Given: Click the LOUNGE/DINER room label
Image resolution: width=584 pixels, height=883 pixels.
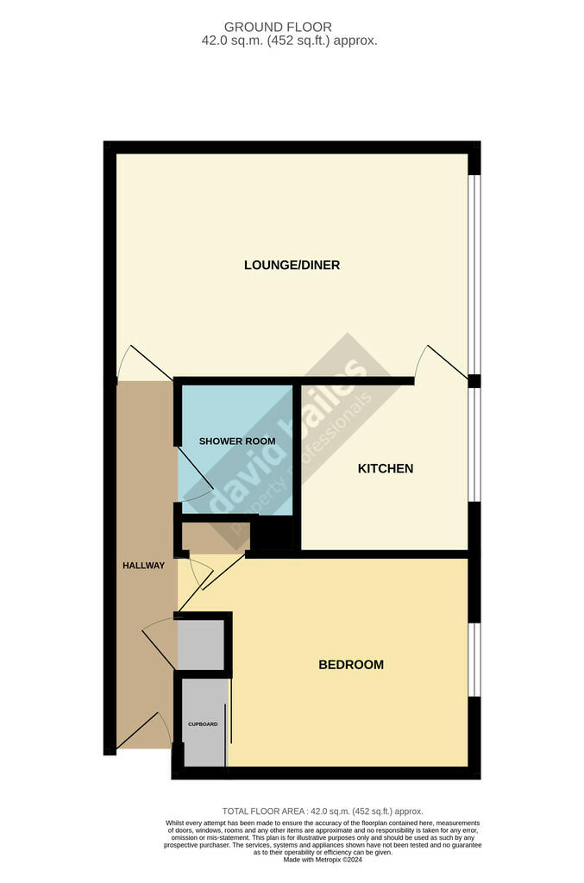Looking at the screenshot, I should (292, 265).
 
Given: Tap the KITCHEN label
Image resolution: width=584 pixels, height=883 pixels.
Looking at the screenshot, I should (386, 468).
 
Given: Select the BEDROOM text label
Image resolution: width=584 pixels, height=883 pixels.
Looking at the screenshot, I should (351, 665).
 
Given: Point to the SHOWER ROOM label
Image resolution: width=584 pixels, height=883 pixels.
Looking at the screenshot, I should (237, 441).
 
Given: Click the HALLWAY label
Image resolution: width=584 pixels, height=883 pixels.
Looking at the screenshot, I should (142, 566).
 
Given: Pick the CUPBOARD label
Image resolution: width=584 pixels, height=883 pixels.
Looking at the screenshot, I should (203, 724).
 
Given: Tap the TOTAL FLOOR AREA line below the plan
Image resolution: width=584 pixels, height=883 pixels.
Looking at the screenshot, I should (323, 811).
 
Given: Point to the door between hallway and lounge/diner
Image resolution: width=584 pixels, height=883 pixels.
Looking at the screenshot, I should (134, 362).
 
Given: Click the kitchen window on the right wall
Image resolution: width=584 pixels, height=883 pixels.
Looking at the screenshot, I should (474, 443).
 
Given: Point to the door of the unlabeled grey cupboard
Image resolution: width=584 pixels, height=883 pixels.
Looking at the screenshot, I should (157, 643).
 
